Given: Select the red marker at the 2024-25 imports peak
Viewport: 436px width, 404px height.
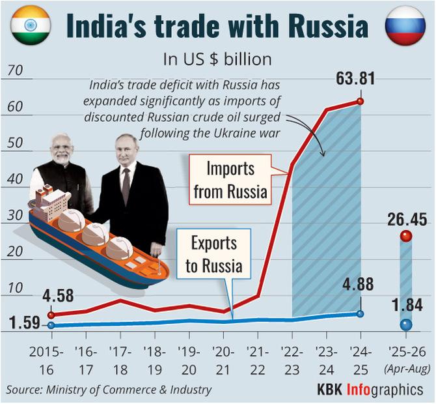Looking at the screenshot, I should coord(360,102).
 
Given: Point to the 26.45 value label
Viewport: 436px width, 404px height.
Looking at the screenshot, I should coord(405,219).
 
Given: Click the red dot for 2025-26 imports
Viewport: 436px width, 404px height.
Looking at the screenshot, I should coord(406,237).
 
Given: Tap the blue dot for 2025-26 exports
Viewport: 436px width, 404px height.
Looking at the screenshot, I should coord(406,324).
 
